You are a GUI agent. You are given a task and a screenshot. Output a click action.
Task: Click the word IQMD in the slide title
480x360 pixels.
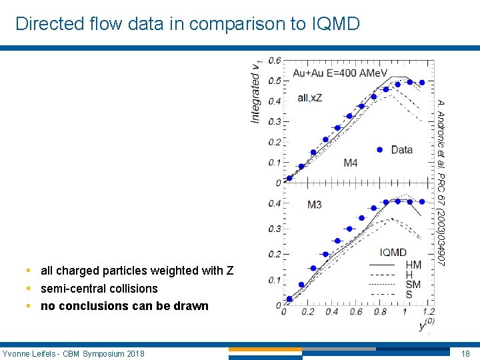[335, 24]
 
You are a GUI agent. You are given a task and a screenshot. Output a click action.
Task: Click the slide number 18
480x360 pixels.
[465, 353]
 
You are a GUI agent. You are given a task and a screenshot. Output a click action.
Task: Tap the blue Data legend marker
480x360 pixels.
[379, 150]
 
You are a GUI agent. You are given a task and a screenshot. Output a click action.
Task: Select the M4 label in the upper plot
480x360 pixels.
[351, 162]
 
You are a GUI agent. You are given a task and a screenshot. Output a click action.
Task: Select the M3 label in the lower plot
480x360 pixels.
[314, 204]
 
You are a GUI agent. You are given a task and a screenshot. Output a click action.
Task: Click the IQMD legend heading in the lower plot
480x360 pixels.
[393, 252]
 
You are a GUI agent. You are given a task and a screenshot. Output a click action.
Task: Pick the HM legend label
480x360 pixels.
[413, 265]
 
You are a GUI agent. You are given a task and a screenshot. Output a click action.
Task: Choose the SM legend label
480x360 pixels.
[413, 285]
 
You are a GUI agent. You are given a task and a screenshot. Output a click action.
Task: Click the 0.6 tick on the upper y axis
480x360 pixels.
[274, 61]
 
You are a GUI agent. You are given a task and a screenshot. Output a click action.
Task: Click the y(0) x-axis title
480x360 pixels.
[424, 326]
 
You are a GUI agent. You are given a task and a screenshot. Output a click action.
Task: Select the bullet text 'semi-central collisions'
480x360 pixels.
[99, 289]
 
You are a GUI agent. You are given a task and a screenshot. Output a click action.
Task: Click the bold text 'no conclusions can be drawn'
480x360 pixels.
[125, 306]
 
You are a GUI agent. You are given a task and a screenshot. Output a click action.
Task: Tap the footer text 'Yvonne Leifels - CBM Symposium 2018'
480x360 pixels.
[73, 353]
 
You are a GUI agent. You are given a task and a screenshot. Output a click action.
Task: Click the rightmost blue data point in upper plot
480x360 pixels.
[421, 83]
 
